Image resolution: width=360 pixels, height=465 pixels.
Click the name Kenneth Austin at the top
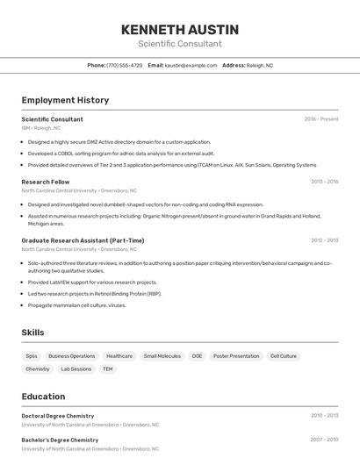179,30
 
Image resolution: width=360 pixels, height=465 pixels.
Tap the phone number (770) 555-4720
124,65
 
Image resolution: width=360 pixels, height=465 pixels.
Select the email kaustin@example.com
191,65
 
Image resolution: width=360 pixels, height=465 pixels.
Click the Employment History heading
65,100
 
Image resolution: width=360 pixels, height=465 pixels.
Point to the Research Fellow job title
46,182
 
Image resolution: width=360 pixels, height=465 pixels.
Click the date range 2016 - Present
320,118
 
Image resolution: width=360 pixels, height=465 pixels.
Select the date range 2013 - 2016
324,182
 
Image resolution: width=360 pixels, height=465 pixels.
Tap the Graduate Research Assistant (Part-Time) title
83,240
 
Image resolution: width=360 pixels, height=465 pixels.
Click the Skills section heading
32,333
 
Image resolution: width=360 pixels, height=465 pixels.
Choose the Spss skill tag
32,356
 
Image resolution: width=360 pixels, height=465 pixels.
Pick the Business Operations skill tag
71,356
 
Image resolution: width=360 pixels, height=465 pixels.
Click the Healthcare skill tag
119,356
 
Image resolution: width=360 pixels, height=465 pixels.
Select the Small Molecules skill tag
162,356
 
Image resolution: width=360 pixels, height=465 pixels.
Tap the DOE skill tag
197,356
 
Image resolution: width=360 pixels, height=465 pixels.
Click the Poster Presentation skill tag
236,356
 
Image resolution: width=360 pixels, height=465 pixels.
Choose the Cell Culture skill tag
284,356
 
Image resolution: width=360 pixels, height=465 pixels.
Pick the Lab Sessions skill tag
76,369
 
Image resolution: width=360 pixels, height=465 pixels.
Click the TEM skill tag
108,369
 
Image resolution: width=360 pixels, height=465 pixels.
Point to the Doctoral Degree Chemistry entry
57,416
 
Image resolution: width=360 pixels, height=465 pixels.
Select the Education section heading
43,397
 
